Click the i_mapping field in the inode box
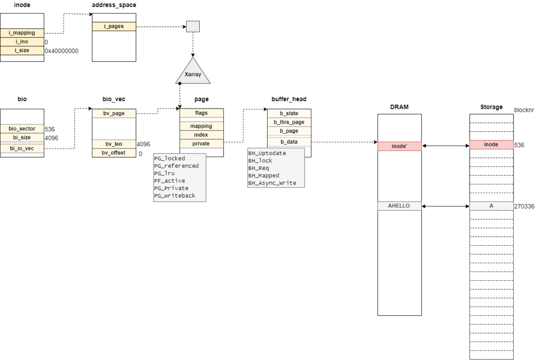(22, 33)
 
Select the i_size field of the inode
(22, 50)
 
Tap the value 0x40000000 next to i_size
(62, 51)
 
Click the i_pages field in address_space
(114, 27)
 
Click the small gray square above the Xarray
(193, 27)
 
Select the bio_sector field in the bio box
(22, 129)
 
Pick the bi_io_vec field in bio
(22, 148)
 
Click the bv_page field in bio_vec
(114, 113)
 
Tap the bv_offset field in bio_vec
(114, 153)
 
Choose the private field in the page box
(201, 144)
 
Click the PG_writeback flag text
(175, 196)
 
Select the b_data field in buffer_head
(289, 142)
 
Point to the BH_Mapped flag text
(264, 175)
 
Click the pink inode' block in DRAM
(399, 146)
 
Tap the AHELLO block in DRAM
(399, 206)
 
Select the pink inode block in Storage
(491, 144)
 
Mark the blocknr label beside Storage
(525, 110)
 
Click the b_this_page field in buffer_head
(289, 122)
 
